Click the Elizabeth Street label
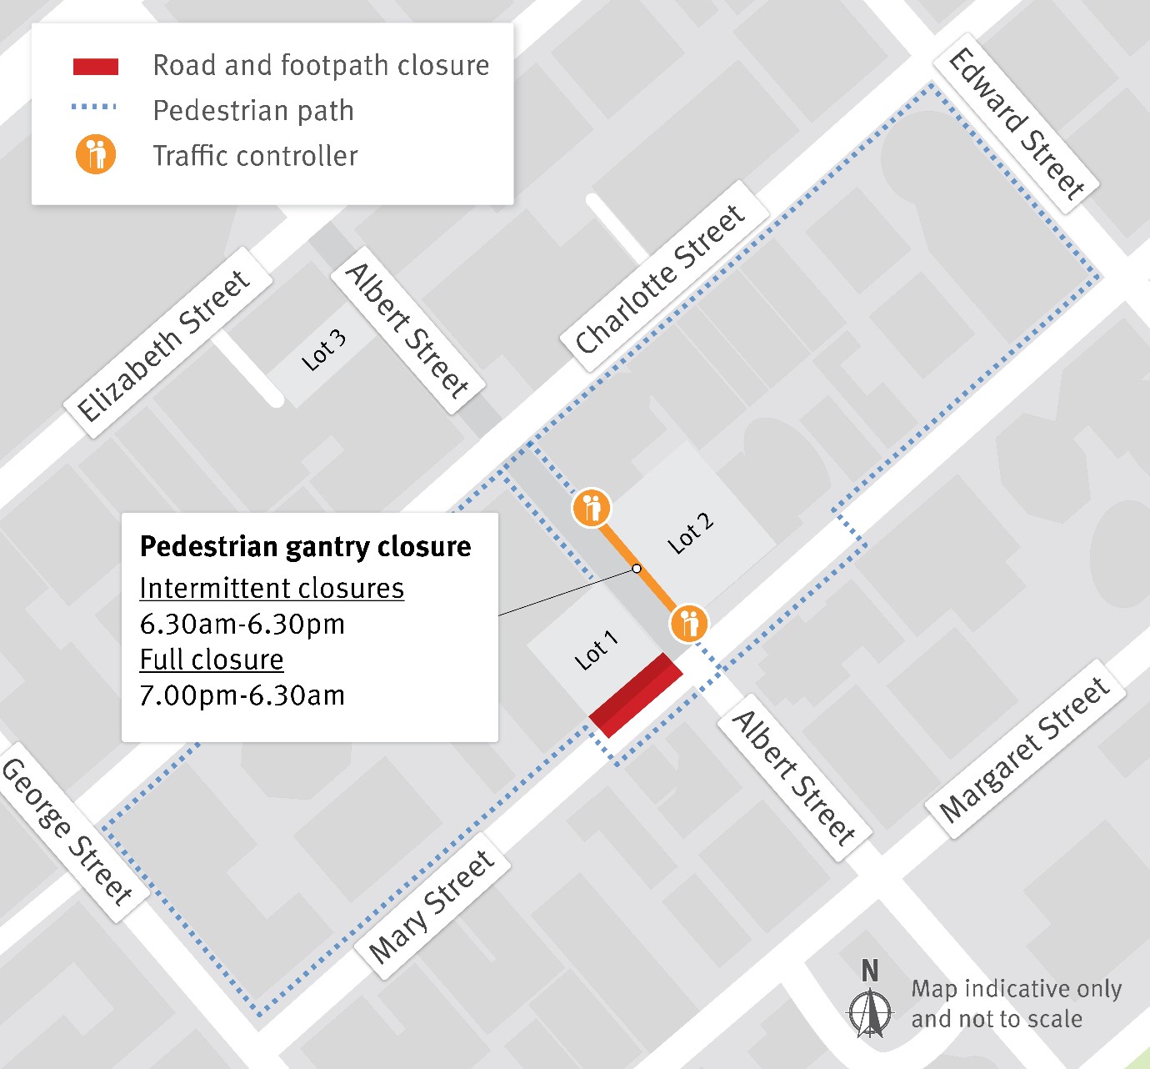click(x=164, y=345)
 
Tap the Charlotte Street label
click(x=660, y=279)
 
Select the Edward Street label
click(x=1017, y=124)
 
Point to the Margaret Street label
click(x=1024, y=749)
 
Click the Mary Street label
click(x=432, y=906)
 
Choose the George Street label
click(x=67, y=831)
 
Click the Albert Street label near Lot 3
click(x=407, y=330)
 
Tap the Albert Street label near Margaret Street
click(x=793, y=777)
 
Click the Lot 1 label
click(x=597, y=650)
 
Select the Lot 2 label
click(x=691, y=534)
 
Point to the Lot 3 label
click(x=323, y=350)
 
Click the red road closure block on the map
click(x=636, y=695)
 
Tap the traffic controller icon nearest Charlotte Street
click(x=592, y=508)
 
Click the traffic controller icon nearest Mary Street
click(x=688, y=622)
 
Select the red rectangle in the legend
click(x=96, y=67)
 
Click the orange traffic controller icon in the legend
click(x=96, y=154)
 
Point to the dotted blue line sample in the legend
click(x=93, y=108)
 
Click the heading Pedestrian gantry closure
click(x=305, y=546)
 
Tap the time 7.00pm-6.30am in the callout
click(x=242, y=695)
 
